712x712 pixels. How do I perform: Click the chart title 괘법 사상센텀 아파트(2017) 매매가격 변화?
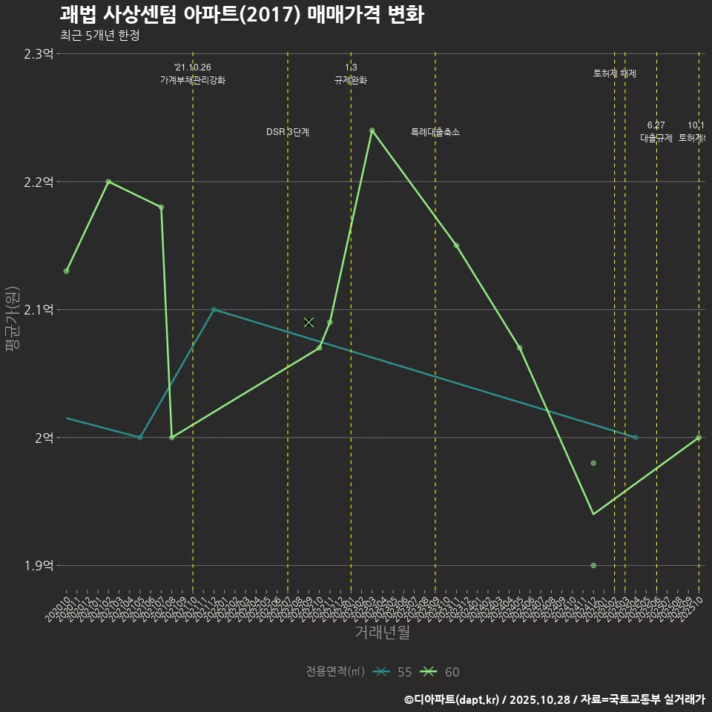pos(242,16)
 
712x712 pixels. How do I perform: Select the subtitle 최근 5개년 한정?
pos(99,36)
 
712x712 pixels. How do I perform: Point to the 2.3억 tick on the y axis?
pos(39,54)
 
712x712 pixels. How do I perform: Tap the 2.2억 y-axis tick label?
pos(39,182)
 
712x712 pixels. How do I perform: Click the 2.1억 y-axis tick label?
pos(39,310)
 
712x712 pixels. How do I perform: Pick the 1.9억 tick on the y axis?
pos(39,566)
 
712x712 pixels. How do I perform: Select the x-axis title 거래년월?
pos(382,633)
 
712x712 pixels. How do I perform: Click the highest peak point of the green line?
pos(372,131)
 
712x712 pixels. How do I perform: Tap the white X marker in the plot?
pos(309,322)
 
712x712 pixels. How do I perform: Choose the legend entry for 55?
pos(393,672)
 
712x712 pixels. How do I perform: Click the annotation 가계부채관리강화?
pos(193,80)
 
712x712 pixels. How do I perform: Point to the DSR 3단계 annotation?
pos(288,132)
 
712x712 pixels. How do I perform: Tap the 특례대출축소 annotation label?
pos(435,132)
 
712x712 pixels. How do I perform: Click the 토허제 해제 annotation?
pos(615,73)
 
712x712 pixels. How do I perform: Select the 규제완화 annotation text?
pos(351,80)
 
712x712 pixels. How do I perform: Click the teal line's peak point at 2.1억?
pos(214,309)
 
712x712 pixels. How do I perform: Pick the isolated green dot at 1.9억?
pos(593,565)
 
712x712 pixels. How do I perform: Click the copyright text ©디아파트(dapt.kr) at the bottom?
pos(452,699)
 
